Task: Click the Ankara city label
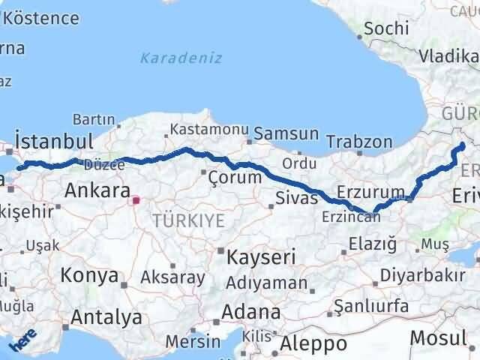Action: pos(97,190)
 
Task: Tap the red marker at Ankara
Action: pos(136,200)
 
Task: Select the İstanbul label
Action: pos(54,142)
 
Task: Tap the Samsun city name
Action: pos(286,134)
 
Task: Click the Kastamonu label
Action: pos(208,130)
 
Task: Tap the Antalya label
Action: pos(107,317)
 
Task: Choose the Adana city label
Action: pos(252,311)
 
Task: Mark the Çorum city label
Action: pos(235,178)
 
